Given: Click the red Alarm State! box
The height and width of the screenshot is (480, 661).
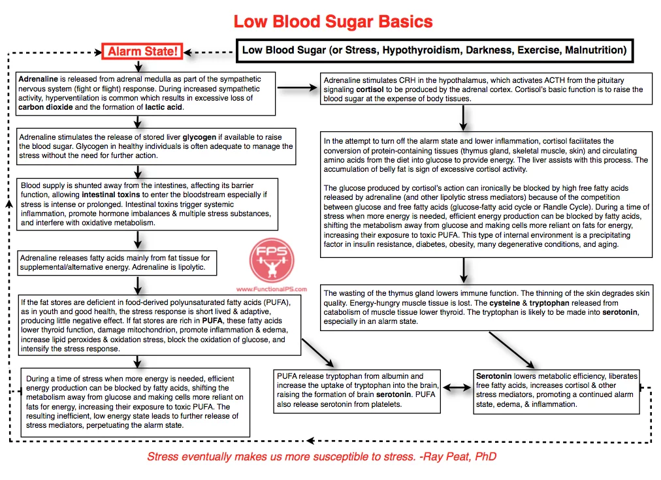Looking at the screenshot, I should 142,52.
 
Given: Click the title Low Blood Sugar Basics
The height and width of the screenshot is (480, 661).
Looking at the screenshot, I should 333,22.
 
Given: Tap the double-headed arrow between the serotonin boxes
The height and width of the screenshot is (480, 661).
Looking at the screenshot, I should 457,387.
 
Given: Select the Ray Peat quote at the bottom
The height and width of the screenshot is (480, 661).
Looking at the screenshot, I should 321,457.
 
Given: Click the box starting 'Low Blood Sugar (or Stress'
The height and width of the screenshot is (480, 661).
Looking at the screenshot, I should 434,50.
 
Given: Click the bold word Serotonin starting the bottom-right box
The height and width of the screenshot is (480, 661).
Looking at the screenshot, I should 494,377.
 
